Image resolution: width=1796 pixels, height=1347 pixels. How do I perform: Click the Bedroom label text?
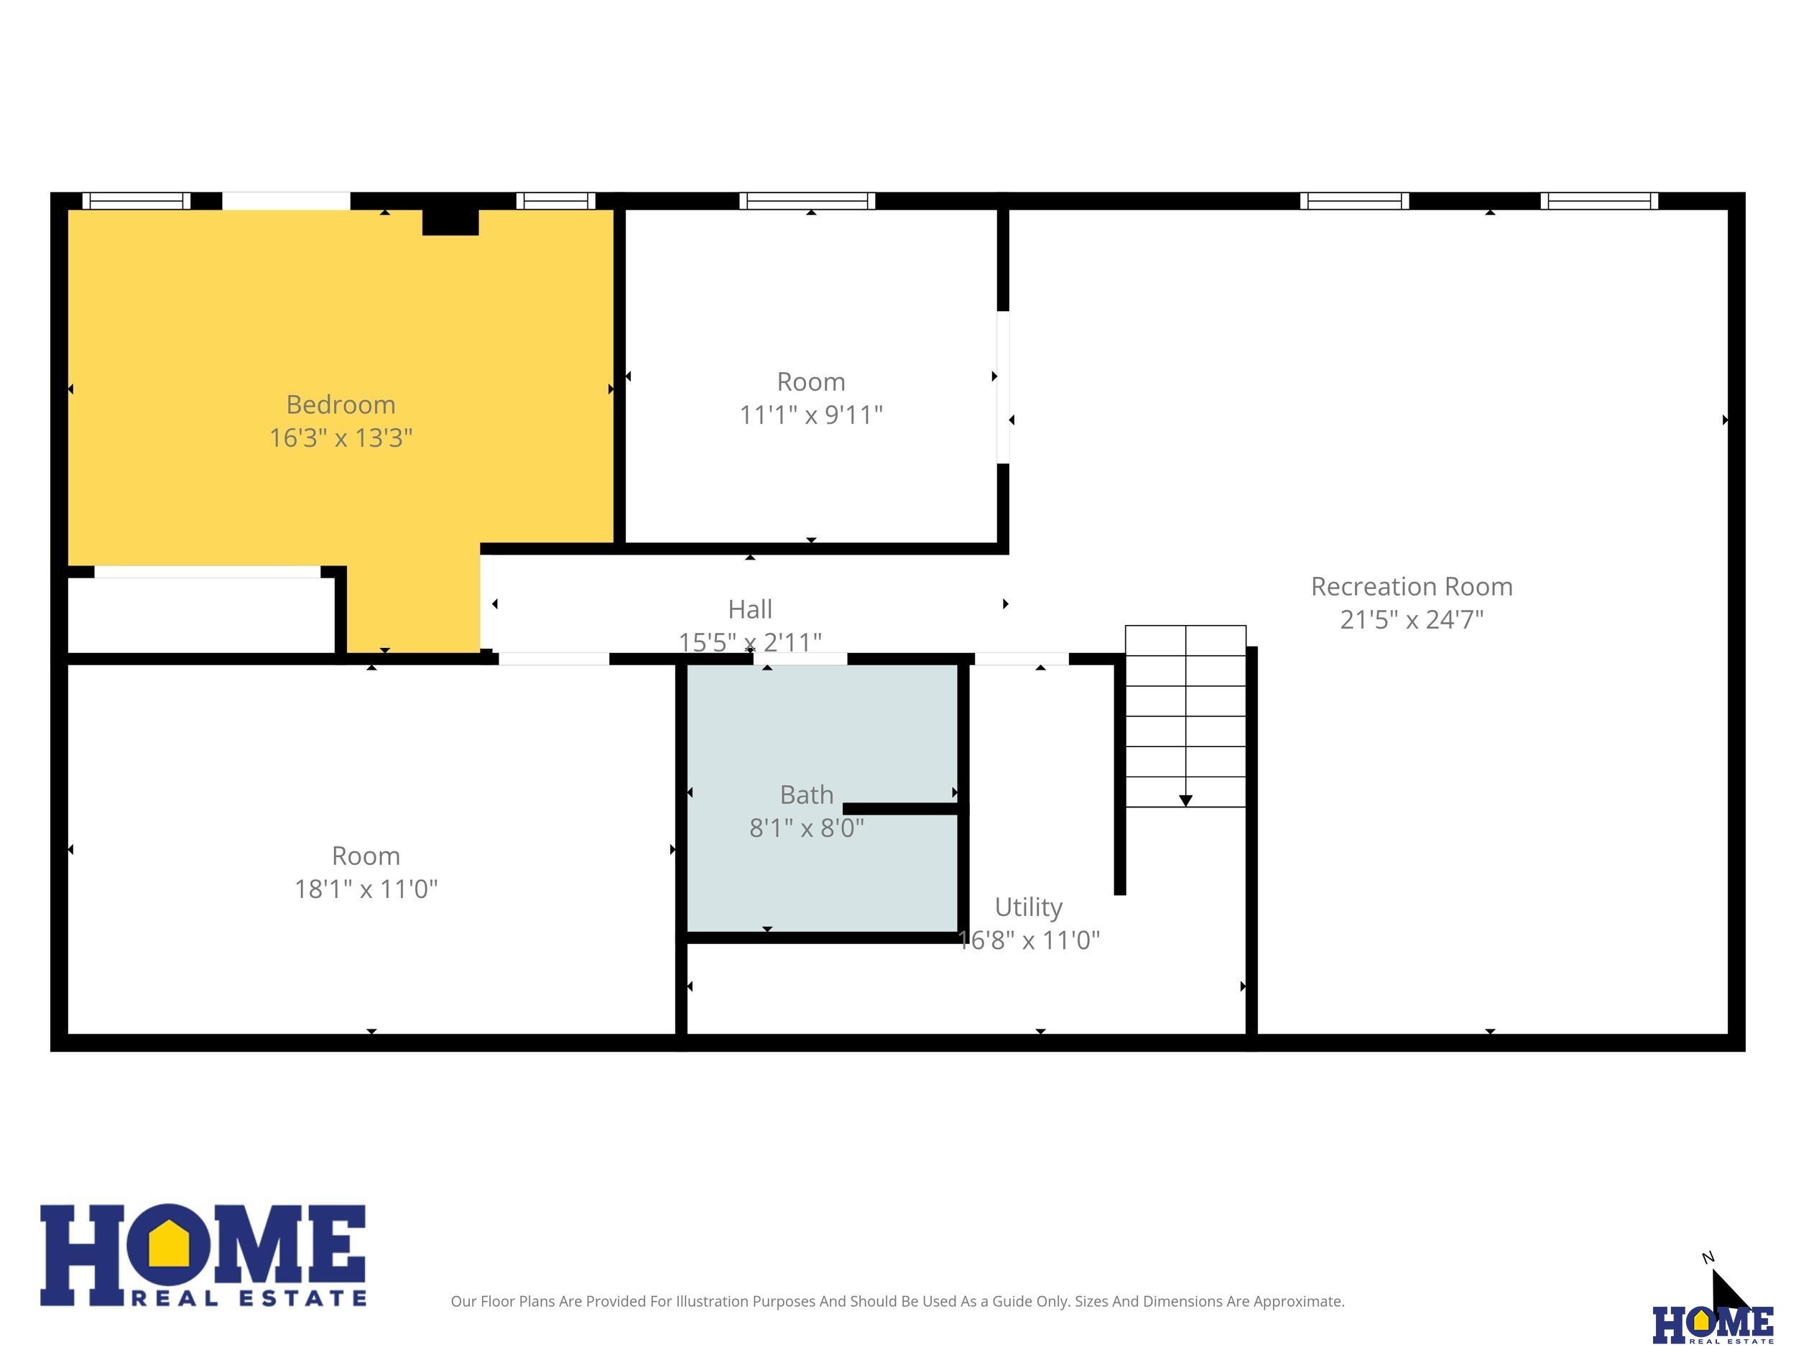pos(341,404)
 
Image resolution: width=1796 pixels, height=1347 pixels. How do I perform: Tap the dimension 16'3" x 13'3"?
pos(341,438)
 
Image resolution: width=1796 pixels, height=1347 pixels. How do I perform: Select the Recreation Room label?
pos(1412,586)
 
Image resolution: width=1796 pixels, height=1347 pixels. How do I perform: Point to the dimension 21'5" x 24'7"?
pos(1412,619)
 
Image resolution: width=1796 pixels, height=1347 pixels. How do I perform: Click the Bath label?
pos(807,794)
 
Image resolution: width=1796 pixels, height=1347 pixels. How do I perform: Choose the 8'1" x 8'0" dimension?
pos(807,828)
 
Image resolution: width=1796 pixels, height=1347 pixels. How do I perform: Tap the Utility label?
pos(1029,907)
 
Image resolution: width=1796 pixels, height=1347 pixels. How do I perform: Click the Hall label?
pos(750,609)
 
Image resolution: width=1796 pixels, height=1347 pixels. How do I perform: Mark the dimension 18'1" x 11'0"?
pos(366,889)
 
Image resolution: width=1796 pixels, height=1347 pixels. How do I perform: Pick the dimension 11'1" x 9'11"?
pos(811,415)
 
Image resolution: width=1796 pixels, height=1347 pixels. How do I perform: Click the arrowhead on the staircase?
pos(1185,800)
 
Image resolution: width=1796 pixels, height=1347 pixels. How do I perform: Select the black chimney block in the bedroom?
pos(450,222)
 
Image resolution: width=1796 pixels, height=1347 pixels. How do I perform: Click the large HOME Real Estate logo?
pos(203,1255)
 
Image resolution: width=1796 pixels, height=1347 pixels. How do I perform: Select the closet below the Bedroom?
pos(201,616)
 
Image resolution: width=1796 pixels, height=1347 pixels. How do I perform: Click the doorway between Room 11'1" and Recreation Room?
pos(1004,387)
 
